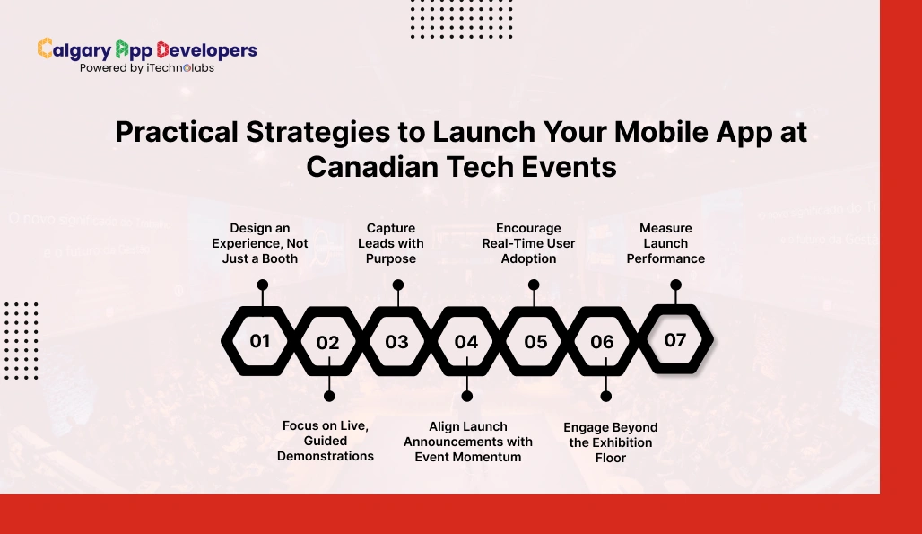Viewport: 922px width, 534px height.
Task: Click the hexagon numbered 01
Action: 260,341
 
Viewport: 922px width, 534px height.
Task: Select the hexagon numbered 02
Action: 328,342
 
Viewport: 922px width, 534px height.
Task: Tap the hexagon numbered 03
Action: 397,341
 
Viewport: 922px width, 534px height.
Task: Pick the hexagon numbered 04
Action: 466,342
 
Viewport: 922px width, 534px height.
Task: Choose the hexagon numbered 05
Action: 535,341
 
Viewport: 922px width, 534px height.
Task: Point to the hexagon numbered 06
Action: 603,342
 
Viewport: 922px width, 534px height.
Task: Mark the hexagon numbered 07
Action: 675,340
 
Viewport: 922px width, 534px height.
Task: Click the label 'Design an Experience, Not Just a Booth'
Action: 260,243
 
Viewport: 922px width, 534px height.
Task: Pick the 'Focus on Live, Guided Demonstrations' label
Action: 326,441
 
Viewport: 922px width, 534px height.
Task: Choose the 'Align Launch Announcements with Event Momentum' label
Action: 468,442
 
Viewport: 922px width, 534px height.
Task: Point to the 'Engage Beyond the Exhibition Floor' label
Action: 611,442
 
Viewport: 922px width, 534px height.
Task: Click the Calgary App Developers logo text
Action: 147,50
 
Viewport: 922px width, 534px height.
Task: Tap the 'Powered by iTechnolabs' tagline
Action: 147,68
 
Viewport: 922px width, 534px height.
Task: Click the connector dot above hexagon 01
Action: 262,285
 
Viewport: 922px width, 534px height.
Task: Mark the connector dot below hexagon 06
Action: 606,396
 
